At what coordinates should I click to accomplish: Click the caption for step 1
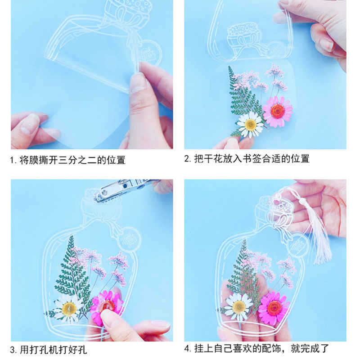(68, 160)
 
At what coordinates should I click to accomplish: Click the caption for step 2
(247, 159)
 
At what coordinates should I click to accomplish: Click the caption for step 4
(257, 348)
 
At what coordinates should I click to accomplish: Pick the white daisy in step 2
(250, 124)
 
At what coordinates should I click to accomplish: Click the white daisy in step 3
(69, 308)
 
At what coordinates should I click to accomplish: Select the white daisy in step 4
(238, 306)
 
